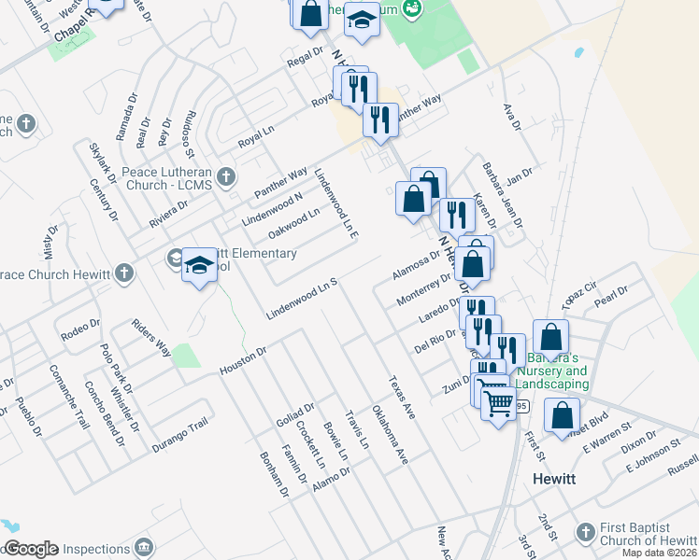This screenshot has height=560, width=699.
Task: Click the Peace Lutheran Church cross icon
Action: [x=225, y=175]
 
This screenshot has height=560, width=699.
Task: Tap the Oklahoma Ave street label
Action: [x=390, y=435]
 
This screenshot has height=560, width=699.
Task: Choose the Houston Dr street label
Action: [x=243, y=361]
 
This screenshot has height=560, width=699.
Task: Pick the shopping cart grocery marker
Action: [x=498, y=402]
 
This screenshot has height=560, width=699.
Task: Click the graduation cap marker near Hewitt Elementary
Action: [x=200, y=266]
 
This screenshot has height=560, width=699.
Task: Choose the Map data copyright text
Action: [x=659, y=553]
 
